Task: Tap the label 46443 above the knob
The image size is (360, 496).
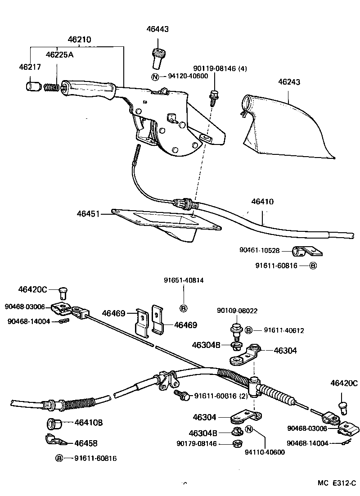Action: point(157,29)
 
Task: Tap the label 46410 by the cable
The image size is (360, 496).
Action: point(262,202)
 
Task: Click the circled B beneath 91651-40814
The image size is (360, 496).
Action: point(183,308)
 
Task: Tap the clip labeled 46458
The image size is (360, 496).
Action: point(55,440)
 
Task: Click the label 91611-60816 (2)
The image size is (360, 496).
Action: point(220,396)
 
